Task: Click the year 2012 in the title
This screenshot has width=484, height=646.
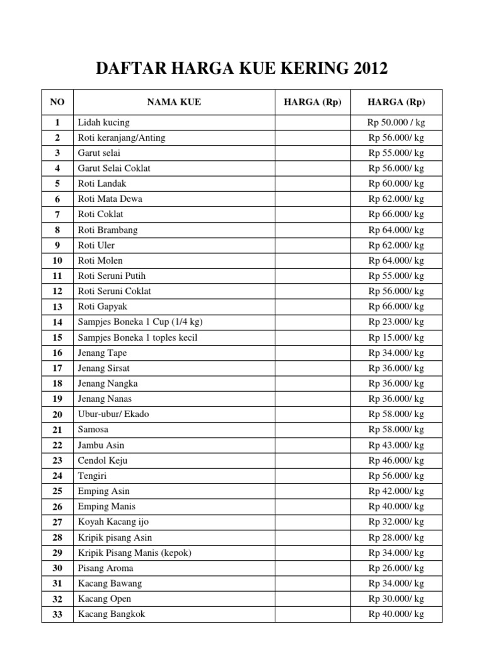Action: (364, 69)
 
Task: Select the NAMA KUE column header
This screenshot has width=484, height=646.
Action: (174, 102)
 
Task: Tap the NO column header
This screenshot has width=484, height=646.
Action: (57, 102)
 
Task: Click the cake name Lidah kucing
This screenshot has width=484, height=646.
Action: (103, 122)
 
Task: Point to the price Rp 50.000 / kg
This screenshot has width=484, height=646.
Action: (396, 122)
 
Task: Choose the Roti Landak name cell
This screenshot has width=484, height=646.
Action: (102, 184)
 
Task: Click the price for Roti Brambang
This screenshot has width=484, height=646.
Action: (396, 230)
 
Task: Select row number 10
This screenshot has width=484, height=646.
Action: (57, 261)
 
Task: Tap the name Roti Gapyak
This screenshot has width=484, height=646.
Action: (104, 307)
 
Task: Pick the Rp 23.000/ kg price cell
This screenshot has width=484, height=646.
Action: (396, 322)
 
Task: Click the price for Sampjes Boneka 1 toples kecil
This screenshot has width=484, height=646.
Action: (396, 338)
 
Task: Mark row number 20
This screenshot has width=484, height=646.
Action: (57, 414)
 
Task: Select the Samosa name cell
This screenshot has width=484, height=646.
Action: (93, 430)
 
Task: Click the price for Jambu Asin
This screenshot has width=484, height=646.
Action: (396, 445)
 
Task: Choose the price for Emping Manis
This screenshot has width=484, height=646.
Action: (396, 507)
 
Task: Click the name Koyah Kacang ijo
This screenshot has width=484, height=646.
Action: (113, 522)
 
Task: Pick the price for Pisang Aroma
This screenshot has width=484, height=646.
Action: (396, 568)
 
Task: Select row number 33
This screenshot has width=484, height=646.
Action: (57, 614)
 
